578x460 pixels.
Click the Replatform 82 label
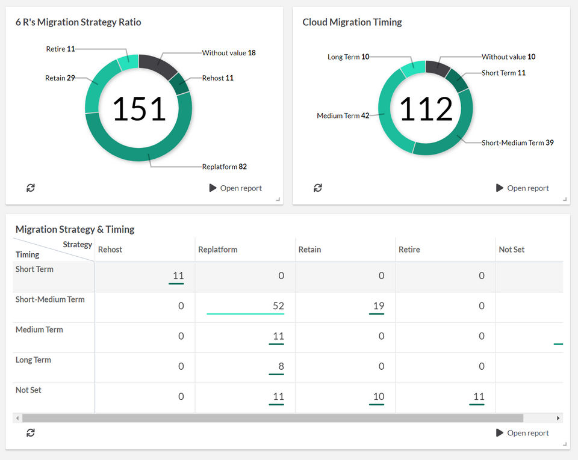pos(224,167)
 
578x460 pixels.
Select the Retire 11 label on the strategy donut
pos(60,49)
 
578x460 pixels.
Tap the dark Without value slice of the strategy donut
pos(157,64)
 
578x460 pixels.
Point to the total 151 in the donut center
pos(139,109)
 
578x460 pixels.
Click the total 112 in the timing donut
pos(426,109)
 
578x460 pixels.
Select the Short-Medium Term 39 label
pos(518,143)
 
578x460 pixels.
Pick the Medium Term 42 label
pos(343,116)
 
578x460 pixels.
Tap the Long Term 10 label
pos(349,57)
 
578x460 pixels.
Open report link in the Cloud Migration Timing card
pos(523,188)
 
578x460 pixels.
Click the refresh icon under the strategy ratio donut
pos(31,188)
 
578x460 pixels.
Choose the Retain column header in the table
pos(309,250)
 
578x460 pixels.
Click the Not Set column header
pos(511,250)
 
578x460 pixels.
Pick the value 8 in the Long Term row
pos(281,366)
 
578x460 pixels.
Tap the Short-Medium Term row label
pos(50,299)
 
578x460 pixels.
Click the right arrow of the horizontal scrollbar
pos(558,418)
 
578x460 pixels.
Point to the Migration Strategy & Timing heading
pos(75,229)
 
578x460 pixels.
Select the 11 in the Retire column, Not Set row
pos(479,396)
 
